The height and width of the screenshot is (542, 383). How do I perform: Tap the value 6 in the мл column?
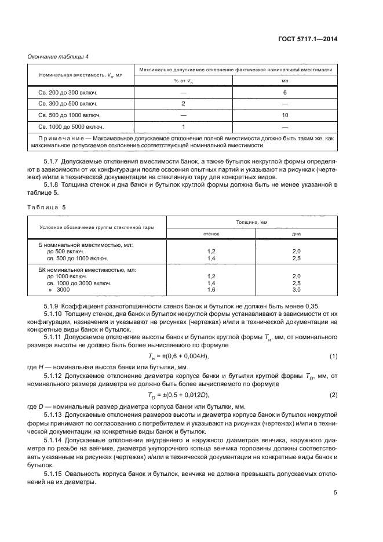point(284,93)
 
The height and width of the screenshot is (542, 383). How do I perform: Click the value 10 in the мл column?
point(284,115)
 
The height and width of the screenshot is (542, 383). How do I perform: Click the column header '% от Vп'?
point(183,81)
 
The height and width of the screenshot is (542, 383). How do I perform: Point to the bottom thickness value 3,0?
point(297,289)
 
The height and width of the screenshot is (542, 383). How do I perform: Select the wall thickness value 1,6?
point(211,289)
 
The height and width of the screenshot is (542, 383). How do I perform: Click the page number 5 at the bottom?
point(335,493)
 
